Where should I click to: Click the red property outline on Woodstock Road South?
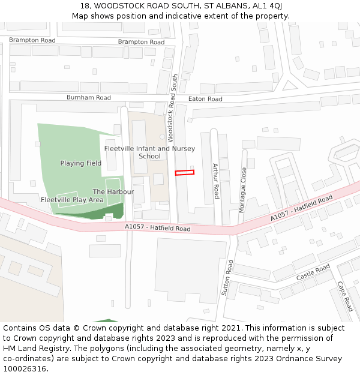(x=185, y=173)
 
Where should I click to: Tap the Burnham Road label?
(x=88, y=97)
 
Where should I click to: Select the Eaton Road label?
(x=205, y=99)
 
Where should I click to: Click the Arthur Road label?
(x=217, y=181)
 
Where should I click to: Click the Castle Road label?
(x=313, y=272)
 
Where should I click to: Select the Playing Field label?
(x=80, y=163)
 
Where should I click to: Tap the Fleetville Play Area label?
(x=72, y=200)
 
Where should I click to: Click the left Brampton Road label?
(x=32, y=40)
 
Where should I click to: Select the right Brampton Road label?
(x=141, y=42)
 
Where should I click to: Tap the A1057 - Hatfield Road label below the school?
(x=157, y=229)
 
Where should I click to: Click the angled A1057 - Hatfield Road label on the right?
(x=301, y=208)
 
